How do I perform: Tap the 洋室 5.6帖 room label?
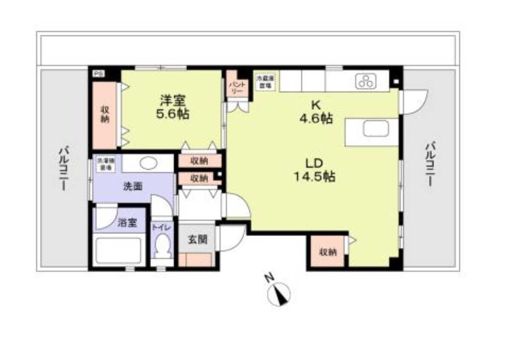pyautogui.click(x=173, y=108)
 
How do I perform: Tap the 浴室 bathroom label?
pyautogui.click(x=127, y=223)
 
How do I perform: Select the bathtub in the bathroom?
pyautogui.click(x=119, y=249)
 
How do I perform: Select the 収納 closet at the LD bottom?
pyautogui.click(x=328, y=252)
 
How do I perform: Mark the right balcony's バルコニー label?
pyautogui.click(x=430, y=163)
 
